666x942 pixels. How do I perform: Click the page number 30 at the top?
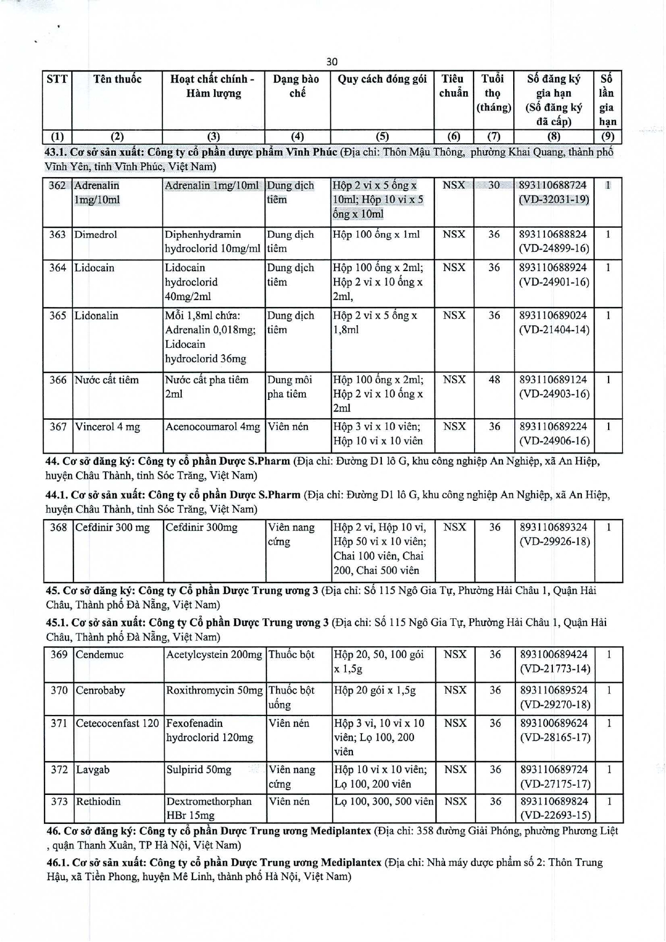[x=332, y=62]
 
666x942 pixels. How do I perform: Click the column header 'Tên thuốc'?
[x=117, y=79]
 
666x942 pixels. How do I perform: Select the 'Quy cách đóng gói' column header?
[x=382, y=79]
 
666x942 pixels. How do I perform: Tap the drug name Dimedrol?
[x=95, y=235]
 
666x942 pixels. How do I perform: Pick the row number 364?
[x=57, y=268]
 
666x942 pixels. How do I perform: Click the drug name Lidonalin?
[x=96, y=316]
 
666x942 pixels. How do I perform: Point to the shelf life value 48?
[x=494, y=380]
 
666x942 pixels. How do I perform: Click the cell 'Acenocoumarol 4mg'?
[x=213, y=427]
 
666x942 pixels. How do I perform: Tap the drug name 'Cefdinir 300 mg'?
[x=112, y=528]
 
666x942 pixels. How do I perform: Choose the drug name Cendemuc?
[x=99, y=655]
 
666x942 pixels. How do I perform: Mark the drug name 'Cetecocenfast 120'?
[x=117, y=724]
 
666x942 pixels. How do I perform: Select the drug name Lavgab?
[x=92, y=770]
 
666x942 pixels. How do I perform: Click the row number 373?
[x=59, y=802]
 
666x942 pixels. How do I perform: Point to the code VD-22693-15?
[x=555, y=815]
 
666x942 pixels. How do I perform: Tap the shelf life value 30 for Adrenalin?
[x=494, y=185]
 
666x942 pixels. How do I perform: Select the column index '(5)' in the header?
[x=382, y=136]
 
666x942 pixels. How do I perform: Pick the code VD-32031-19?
[x=554, y=200]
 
